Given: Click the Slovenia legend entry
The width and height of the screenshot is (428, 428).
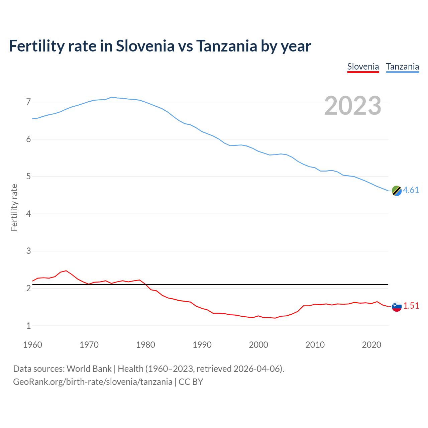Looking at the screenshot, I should click(x=363, y=67).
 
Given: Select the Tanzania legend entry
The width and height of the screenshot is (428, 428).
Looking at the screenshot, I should click(x=402, y=67).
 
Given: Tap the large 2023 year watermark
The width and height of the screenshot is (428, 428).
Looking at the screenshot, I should click(x=352, y=106).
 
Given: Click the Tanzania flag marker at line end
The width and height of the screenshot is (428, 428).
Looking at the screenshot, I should click(x=397, y=191).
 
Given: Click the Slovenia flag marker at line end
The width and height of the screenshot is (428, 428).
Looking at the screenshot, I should click(x=397, y=306).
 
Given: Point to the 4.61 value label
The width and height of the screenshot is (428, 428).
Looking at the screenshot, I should click(x=411, y=190).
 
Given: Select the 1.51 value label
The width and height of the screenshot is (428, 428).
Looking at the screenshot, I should click(x=411, y=306).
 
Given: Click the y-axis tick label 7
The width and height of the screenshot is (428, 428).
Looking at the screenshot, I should click(x=28, y=102).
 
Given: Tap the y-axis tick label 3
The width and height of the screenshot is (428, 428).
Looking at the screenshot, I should click(x=28, y=251).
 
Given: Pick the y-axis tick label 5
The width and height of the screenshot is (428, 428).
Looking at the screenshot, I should click(x=28, y=176).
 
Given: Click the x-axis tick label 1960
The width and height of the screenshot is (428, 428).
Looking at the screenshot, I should click(x=32, y=345).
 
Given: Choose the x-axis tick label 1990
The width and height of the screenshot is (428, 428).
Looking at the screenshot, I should click(x=202, y=345).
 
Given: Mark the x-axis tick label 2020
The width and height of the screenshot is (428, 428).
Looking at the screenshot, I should click(x=371, y=345).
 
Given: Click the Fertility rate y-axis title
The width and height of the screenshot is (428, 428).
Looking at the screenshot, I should click(x=14, y=207).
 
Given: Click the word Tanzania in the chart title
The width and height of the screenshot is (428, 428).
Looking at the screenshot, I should click(x=226, y=46).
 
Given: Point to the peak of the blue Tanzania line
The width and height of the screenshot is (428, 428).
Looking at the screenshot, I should click(x=111, y=97).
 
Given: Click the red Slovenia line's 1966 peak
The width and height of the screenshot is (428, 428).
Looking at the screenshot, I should click(x=66, y=271).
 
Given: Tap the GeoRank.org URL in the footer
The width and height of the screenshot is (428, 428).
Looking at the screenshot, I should click(x=93, y=382).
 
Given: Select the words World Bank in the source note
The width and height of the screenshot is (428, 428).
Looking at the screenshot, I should click(x=89, y=368).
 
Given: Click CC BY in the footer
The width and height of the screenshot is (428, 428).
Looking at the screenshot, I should click(x=191, y=382).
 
